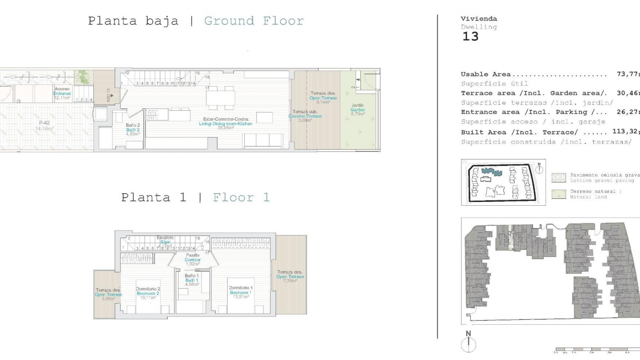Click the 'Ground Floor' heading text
point(254,21)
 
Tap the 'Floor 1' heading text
point(241,197)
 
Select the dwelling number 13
point(470,36)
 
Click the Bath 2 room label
point(133,130)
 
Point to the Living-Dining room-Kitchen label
point(226,123)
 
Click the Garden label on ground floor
point(358,110)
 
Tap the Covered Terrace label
point(305,116)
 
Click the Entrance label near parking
point(62,93)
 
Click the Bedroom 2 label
point(148,293)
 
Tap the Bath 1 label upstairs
point(192,280)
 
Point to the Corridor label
point(193,259)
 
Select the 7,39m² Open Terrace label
point(290,276)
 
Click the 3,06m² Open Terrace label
point(108,294)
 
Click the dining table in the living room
point(220,98)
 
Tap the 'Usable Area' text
point(485,74)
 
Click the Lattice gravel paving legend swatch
point(559,178)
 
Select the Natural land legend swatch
point(559,194)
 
